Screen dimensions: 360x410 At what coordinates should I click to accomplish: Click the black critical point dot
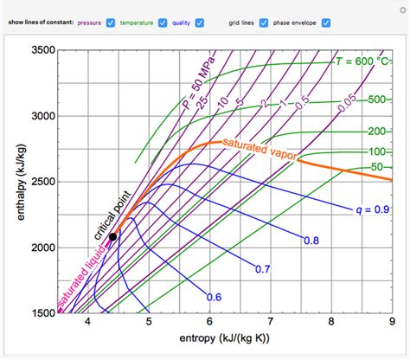tap(113, 236)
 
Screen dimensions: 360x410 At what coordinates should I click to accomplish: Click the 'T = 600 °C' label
tap(362, 61)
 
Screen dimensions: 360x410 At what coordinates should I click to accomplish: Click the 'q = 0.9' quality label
tap(370, 209)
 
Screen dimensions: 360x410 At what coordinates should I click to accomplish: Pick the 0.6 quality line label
tap(214, 297)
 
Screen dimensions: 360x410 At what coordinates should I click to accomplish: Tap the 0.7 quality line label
tap(264, 269)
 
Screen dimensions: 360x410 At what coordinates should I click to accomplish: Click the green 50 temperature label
tap(377, 166)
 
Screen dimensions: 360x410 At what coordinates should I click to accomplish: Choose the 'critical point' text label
tap(109, 211)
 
